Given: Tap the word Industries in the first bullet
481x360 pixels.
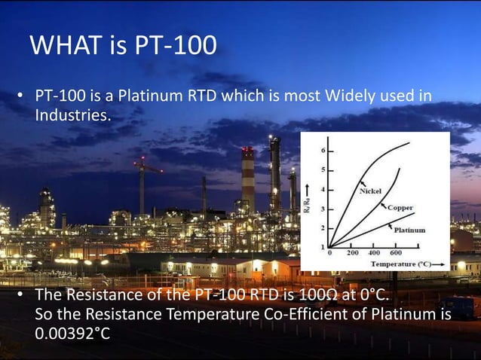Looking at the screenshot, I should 72,116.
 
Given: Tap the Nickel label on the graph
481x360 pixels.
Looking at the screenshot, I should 369,191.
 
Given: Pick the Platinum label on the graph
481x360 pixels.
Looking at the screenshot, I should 409,229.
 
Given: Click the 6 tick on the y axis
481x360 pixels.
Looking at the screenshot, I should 323,151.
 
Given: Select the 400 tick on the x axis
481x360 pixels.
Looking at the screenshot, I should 373,254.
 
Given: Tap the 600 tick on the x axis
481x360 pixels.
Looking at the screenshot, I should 395,254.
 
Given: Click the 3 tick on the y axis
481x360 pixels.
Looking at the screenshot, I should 323,209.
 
